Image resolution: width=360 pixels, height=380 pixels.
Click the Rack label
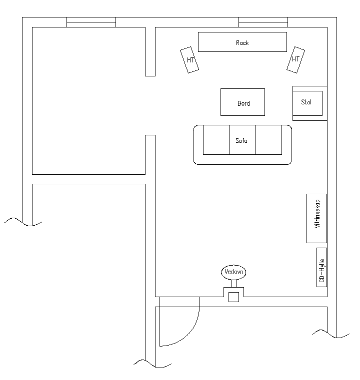pyautogui.click(x=242, y=43)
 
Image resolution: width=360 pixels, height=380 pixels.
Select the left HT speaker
pyautogui.click(x=189, y=60)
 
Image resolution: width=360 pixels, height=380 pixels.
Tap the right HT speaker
pyautogui.click(x=295, y=60)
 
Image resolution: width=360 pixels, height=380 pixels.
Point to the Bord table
pyautogui.click(x=242, y=102)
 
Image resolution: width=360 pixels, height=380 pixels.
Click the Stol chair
pyautogui.click(x=307, y=103)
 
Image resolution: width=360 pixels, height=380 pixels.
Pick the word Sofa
pyautogui.click(x=241, y=141)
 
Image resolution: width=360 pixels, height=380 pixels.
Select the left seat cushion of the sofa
pyautogui.click(x=216, y=140)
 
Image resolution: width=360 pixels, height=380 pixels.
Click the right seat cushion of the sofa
pyautogui.click(x=269, y=140)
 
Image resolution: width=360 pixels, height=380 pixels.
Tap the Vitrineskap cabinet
pyautogui.click(x=316, y=218)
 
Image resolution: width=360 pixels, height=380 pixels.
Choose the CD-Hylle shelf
pyautogui.click(x=321, y=267)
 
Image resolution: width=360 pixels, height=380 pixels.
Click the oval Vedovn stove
pyautogui.click(x=233, y=272)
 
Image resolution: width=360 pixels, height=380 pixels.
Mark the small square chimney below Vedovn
pyautogui.click(x=233, y=297)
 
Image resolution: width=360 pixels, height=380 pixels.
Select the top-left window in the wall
pyautogui.click(x=91, y=22)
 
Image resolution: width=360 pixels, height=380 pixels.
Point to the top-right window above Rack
pyautogui.click(x=263, y=22)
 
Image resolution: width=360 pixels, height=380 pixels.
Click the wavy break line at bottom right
pyautogui.click(x=330, y=334)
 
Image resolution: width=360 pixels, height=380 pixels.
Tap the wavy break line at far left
pyautogui.click(x=23, y=222)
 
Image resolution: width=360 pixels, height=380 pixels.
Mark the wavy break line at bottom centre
pyautogui.click(x=152, y=364)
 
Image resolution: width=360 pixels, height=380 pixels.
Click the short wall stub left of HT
pyautogui.click(x=150, y=51)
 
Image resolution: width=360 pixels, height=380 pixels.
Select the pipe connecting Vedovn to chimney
pyautogui.click(x=233, y=284)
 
